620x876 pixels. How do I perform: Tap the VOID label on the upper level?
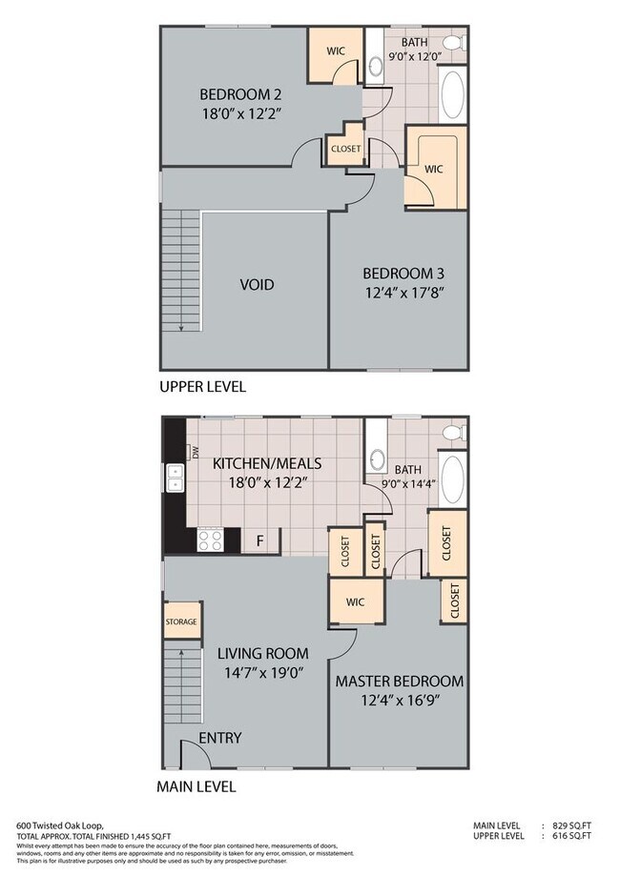tap(257, 285)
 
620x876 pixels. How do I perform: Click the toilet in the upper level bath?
tap(375, 65)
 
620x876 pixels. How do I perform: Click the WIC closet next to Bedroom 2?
tap(334, 51)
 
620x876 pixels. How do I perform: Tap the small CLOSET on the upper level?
tap(344, 148)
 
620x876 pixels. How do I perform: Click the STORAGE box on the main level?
tap(181, 621)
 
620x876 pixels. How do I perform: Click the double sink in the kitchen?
tap(176, 478)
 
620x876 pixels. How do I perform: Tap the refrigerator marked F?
tap(259, 540)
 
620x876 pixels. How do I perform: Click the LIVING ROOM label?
tap(262, 654)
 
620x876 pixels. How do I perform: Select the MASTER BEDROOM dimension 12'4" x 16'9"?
tap(398, 701)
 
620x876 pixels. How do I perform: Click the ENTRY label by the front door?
tap(219, 738)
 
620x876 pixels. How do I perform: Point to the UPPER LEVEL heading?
tap(202, 387)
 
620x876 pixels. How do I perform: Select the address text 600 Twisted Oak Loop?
tap(59, 825)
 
